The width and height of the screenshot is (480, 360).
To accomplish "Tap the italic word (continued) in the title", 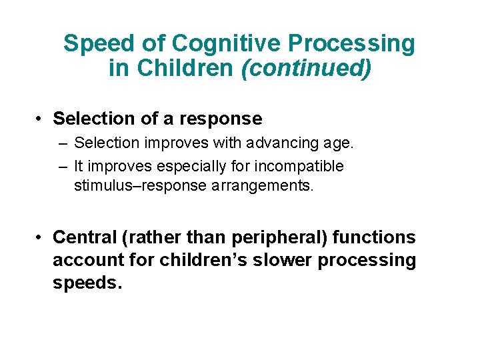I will (307, 68).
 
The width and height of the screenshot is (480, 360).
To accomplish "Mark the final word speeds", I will (87, 283).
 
